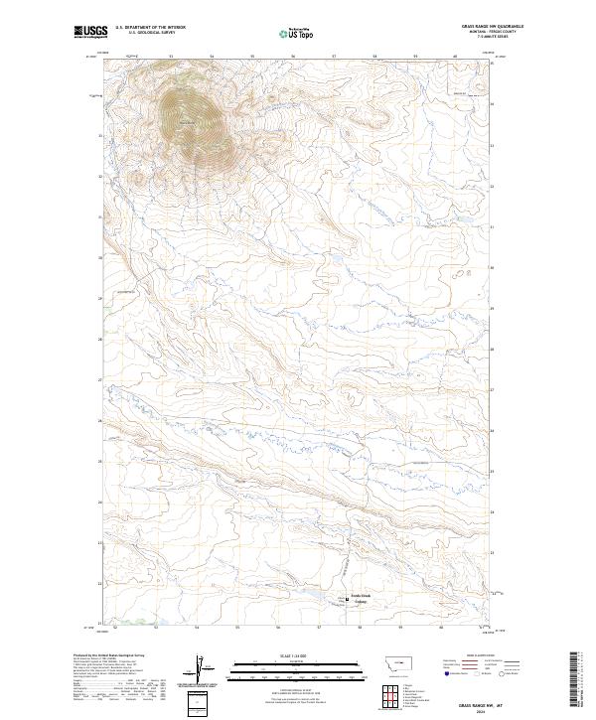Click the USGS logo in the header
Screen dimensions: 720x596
coord(88,33)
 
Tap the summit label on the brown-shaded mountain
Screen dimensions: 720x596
coord(186,121)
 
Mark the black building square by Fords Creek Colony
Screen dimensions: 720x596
coord(347,598)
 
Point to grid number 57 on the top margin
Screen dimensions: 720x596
coord(334,57)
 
